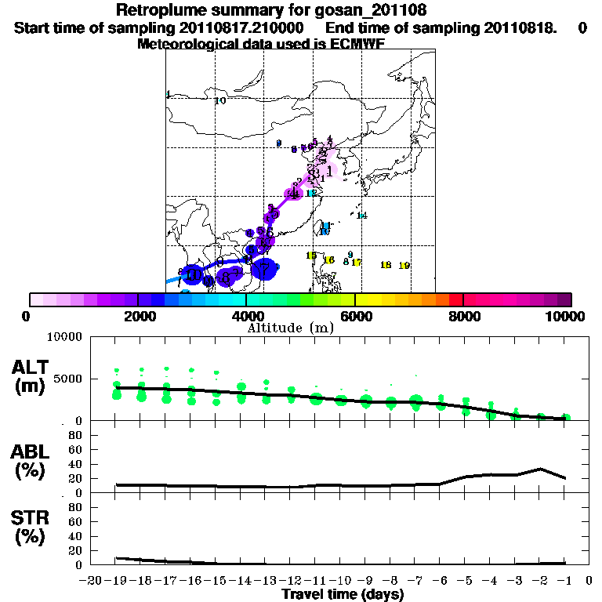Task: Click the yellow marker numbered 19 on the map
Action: pos(404,267)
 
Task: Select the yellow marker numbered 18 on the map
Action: pos(386,265)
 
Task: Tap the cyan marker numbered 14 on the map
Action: pos(362,216)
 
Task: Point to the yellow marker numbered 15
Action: pos(311,256)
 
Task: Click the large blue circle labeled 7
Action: pos(265,269)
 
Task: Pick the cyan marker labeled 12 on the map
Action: pos(311,193)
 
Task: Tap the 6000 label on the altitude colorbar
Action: pos(354,316)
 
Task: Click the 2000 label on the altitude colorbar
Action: pos(136,316)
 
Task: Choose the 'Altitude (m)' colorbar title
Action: pos(290,328)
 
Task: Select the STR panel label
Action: pos(28,527)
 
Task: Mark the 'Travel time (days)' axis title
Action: pos(343,595)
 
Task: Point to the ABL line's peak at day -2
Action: pos(540,470)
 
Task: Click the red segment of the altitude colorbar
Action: pos(455,299)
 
